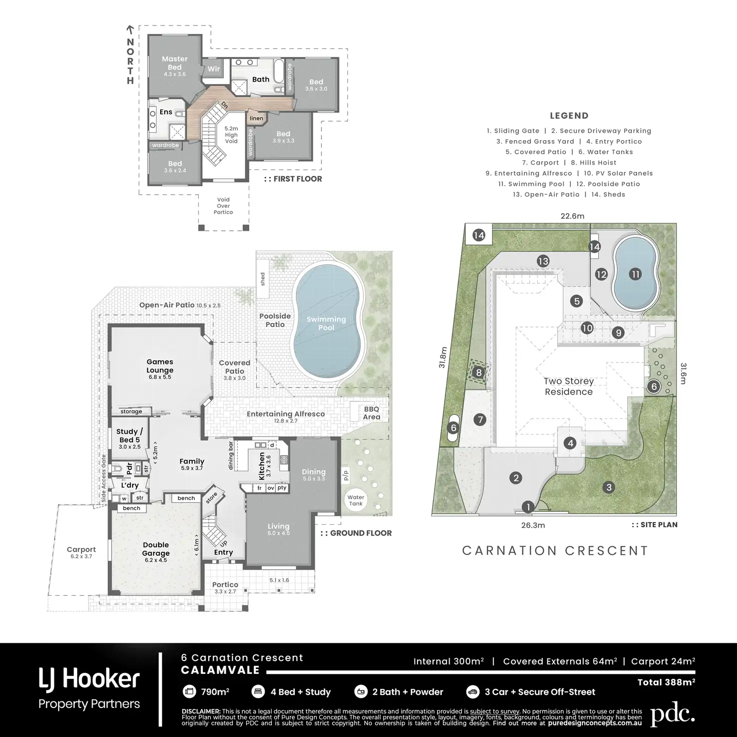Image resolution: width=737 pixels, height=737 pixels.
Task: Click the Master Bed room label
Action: click(x=175, y=63)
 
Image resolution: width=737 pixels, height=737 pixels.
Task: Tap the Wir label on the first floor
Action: click(x=214, y=69)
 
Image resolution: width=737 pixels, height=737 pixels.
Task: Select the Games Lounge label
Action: click(x=160, y=366)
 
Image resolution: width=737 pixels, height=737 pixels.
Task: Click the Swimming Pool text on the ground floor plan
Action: click(x=326, y=323)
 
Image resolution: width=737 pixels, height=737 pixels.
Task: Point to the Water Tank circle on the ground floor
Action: click(x=356, y=500)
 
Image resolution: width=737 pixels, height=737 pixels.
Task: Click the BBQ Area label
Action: click(x=372, y=413)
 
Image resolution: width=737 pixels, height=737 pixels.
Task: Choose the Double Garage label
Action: click(x=156, y=549)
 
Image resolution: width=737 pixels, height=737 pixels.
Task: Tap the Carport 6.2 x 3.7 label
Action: click(x=81, y=553)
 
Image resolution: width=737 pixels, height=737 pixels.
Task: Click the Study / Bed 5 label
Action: click(x=130, y=436)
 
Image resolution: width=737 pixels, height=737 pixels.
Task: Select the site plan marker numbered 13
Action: click(x=543, y=261)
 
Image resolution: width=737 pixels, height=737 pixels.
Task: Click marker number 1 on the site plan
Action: click(x=528, y=507)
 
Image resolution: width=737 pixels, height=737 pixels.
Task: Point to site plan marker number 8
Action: click(x=479, y=373)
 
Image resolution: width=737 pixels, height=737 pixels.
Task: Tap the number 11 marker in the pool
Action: click(x=635, y=274)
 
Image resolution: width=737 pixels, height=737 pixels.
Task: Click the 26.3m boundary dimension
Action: click(x=533, y=525)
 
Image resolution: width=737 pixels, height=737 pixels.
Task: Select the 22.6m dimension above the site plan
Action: click(x=572, y=216)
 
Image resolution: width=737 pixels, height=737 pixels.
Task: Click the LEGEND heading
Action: click(x=569, y=116)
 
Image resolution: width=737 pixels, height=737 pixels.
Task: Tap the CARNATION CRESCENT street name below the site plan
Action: click(x=555, y=551)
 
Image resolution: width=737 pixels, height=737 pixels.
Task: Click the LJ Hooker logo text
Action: click(x=89, y=679)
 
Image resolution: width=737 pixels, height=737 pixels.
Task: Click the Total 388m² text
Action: click(x=666, y=682)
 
